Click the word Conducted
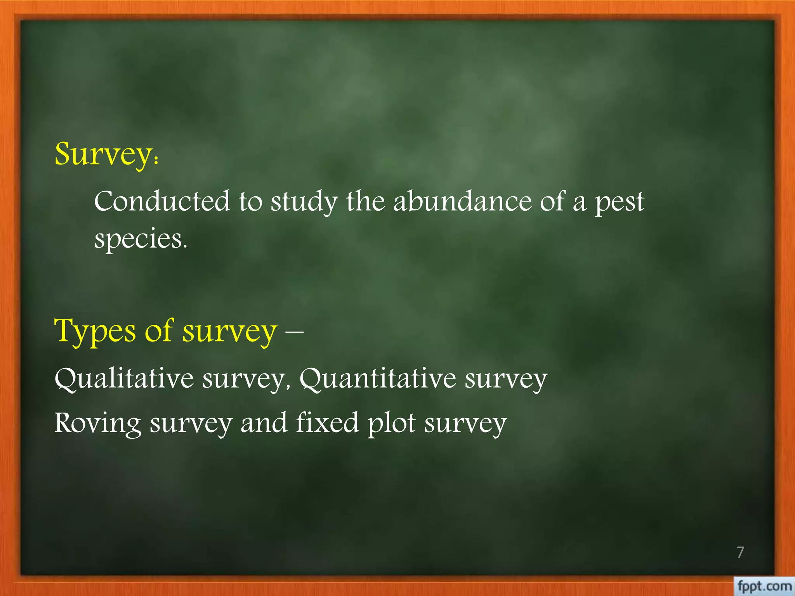(x=162, y=202)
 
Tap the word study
(x=304, y=203)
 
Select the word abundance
(x=462, y=201)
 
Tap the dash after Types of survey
(x=294, y=332)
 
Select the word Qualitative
(x=124, y=378)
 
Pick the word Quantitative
(x=378, y=378)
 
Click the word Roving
(x=98, y=423)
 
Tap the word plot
(x=391, y=423)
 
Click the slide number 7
(x=740, y=552)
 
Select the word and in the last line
(x=264, y=423)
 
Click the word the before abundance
(x=365, y=201)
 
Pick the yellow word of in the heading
(x=158, y=331)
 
